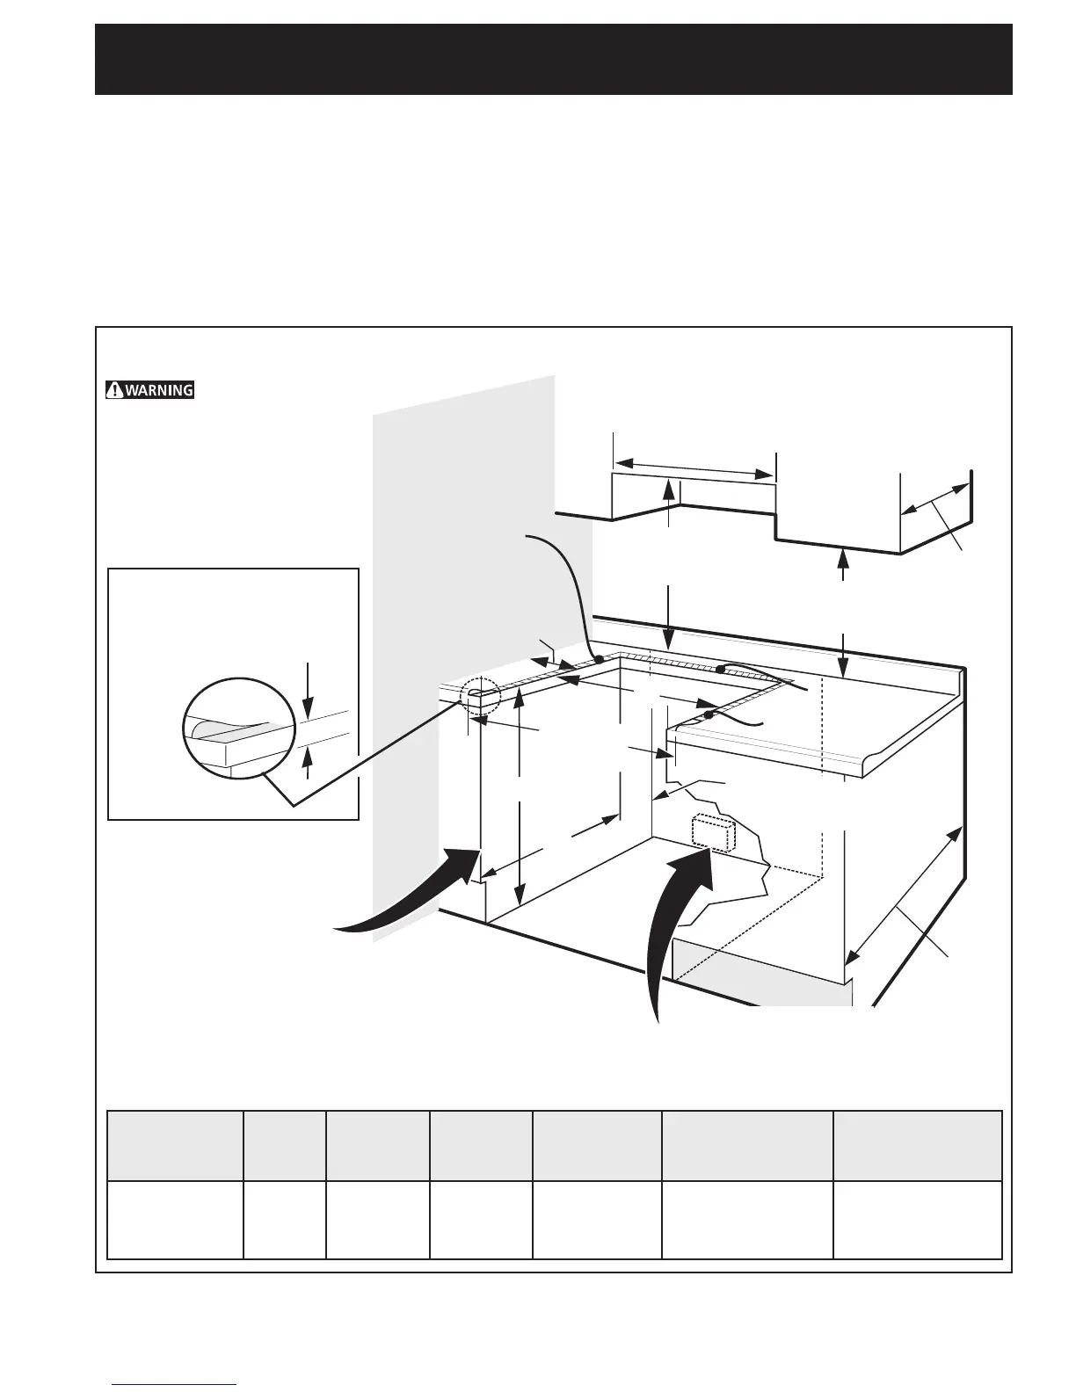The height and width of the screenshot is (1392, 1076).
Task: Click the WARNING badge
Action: tap(149, 390)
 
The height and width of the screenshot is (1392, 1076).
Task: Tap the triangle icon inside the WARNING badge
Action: tap(115, 390)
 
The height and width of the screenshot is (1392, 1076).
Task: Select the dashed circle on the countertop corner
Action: tap(480, 697)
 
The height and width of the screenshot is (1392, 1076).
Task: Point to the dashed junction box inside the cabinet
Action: tap(712, 832)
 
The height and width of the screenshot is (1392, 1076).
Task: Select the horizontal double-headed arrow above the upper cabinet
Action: tap(694, 468)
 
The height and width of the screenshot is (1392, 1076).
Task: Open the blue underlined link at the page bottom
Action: tap(174, 1384)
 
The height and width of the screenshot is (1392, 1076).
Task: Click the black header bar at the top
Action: tap(554, 59)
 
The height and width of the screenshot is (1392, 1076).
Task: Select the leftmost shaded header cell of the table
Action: tap(175, 1146)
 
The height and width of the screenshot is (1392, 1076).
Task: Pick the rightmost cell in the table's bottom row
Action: tap(917, 1220)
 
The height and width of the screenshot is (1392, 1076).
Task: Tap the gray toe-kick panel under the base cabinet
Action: tap(761, 972)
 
